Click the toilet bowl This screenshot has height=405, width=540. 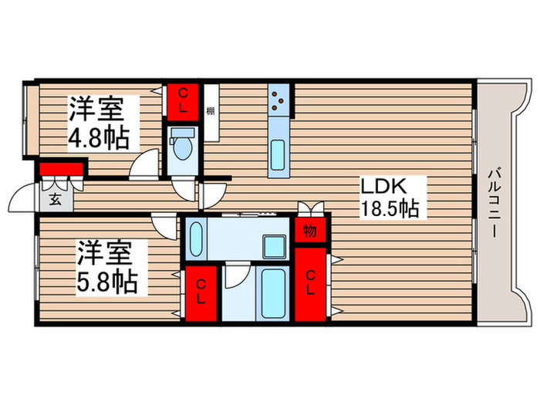pos(182,146)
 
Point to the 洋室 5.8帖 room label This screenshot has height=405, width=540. pos(107,267)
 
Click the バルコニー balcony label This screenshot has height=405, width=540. pos(494,202)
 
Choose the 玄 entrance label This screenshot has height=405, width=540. pos(55,199)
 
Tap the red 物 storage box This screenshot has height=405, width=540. pos(310,230)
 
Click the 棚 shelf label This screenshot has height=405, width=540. pos(211,111)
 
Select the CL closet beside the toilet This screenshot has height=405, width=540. pos(183,102)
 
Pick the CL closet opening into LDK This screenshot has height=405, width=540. pos(310,284)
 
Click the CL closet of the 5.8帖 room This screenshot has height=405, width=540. pos(201,293)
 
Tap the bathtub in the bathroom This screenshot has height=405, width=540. pos(273,293)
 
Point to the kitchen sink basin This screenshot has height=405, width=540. pos(278,155)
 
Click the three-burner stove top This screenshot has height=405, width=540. pos(278,100)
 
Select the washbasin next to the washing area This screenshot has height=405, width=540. pos(196,239)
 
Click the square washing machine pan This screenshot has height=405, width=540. pos(275,246)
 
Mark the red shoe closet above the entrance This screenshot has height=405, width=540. pos(61,169)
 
